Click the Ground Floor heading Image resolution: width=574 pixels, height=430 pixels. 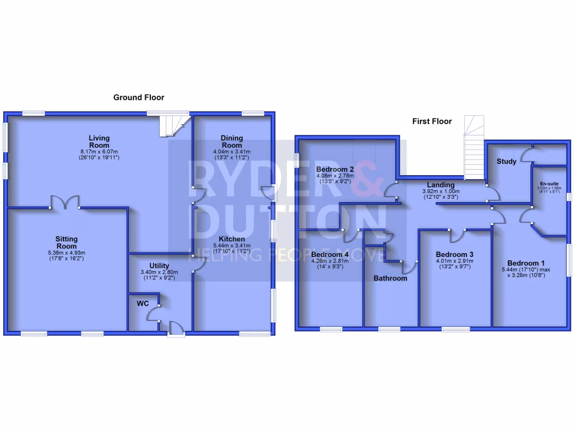click(x=138, y=97)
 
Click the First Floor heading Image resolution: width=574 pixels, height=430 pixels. click(x=432, y=121)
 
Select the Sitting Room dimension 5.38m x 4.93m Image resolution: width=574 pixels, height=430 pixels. click(x=67, y=253)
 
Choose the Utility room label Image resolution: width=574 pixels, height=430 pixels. click(x=159, y=265)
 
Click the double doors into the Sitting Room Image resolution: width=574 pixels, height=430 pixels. click(x=66, y=203)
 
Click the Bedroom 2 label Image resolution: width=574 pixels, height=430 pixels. click(x=335, y=169)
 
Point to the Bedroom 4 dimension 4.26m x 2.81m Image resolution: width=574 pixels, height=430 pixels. click(x=330, y=260)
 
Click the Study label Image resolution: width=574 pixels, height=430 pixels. click(x=506, y=162)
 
